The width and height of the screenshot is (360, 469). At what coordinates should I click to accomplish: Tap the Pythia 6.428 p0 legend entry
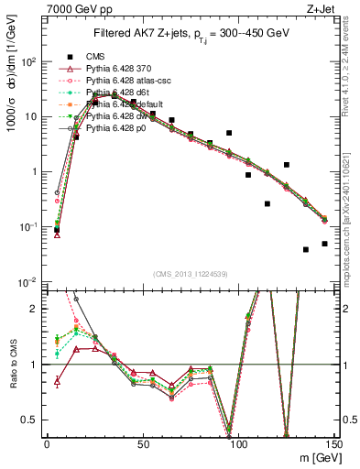(x=122, y=128)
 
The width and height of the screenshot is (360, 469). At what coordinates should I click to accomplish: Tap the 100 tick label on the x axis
(x=237, y=442)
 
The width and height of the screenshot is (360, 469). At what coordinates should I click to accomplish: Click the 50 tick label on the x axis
(x=142, y=442)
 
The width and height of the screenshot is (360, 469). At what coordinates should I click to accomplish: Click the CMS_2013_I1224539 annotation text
(x=190, y=273)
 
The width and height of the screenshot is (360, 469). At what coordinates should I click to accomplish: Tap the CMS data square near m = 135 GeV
(x=305, y=249)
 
